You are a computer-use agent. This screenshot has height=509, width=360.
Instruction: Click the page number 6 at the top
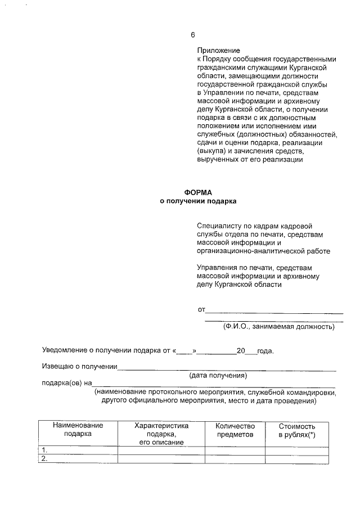(193, 35)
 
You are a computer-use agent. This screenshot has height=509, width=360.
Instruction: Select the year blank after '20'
(251, 352)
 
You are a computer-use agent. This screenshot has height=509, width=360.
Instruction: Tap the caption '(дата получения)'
(218, 375)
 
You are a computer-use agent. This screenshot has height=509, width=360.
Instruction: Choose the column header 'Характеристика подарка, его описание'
(161, 434)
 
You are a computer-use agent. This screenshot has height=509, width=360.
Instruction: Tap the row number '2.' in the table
(46, 459)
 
